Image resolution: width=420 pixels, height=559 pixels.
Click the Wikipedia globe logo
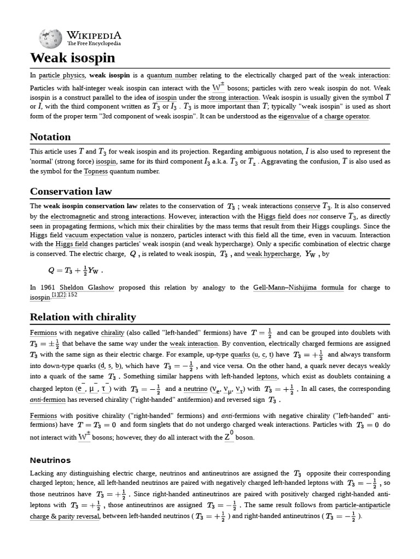point(51,38)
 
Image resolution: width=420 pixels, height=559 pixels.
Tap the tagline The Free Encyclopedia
point(94,44)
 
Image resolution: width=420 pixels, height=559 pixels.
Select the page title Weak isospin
point(73,58)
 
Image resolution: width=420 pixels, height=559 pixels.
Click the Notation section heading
point(50,136)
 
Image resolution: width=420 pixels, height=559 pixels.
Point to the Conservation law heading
point(71,191)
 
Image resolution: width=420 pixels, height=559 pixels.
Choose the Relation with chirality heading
point(83,317)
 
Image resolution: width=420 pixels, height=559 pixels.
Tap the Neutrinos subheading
point(50,460)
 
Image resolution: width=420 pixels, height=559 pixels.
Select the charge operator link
point(347,116)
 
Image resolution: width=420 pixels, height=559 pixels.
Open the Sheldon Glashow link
point(73,288)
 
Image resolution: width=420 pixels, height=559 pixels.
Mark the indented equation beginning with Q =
point(75,270)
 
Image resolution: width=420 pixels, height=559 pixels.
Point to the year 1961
point(50,288)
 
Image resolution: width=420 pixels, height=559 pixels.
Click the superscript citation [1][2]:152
point(65,295)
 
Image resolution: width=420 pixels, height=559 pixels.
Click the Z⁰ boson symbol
point(229,437)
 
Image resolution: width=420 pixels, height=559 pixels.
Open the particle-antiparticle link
point(363,505)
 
